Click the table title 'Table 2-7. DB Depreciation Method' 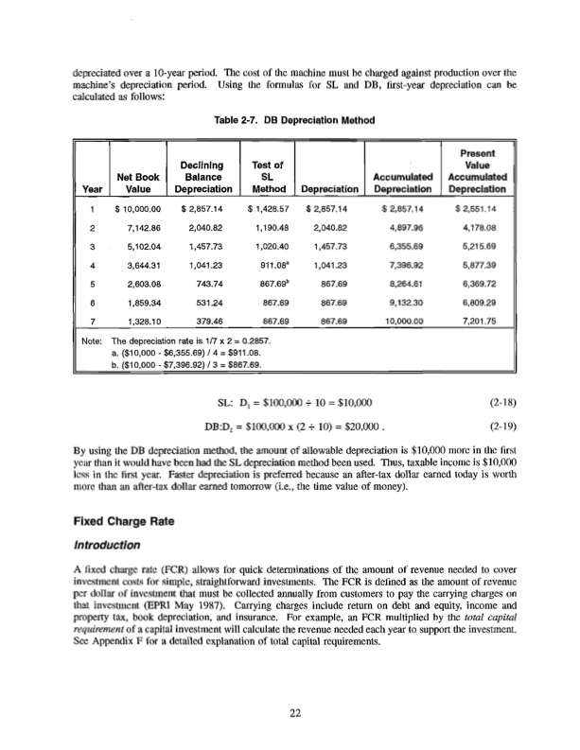pyautogui.click(x=289, y=120)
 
